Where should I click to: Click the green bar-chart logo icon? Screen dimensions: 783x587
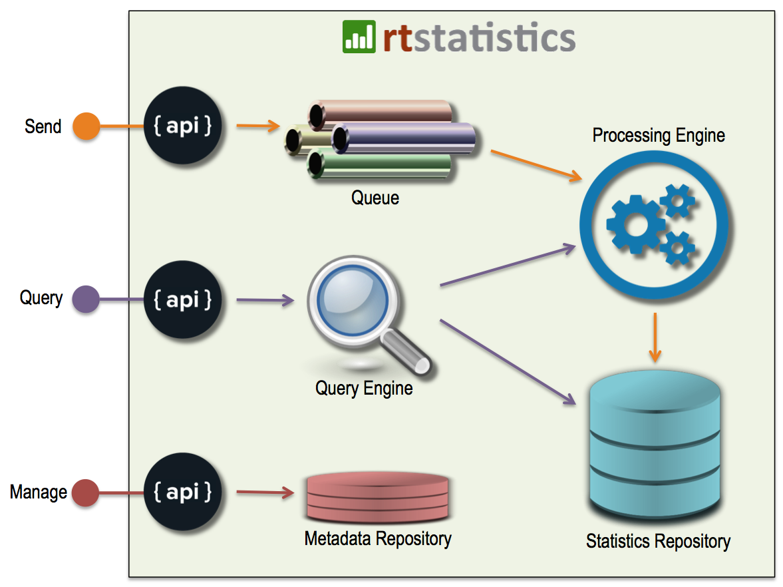(359, 37)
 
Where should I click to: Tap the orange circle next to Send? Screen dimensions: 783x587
(86, 126)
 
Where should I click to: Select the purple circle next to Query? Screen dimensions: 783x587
(86, 299)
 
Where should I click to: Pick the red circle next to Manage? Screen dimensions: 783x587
(85, 492)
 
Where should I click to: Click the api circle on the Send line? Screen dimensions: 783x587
(182, 125)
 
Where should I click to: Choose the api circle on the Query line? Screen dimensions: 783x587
(182, 299)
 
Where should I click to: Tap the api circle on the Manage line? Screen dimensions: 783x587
(182, 492)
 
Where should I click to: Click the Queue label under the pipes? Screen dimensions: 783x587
(375, 198)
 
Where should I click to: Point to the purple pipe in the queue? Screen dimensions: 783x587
(404, 138)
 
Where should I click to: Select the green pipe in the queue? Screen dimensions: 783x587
(379, 165)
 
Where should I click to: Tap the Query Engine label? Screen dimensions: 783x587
(364, 388)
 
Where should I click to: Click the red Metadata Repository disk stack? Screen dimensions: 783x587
(377, 497)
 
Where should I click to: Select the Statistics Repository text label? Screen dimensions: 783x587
(658, 541)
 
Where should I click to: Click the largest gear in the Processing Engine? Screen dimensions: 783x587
(636, 225)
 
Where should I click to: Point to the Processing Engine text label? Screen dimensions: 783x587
(659, 135)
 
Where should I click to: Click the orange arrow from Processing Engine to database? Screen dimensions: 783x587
(655, 337)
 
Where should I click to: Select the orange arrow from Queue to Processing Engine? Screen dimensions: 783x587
(536, 165)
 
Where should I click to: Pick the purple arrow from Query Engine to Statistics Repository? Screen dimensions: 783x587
(508, 361)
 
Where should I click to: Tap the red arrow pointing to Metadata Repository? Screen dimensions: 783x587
(265, 492)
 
